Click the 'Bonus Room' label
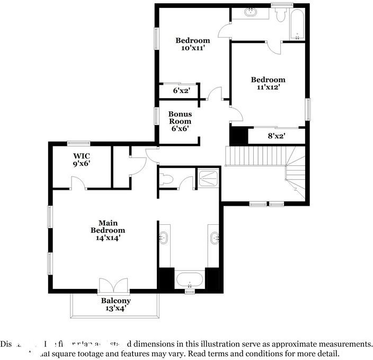[x=180, y=118]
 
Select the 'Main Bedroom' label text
[x=108, y=226]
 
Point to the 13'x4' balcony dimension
[x=116, y=308]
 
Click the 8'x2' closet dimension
[x=276, y=136]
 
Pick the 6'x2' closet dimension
[x=181, y=91]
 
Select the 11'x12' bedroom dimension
[x=268, y=87]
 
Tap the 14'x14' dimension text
[x=108, y=238]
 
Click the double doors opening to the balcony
[x=113, y=286]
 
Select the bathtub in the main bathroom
[x=189, y=279]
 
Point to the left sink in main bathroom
[x=164, y=239]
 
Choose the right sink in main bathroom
[x=214, y=239]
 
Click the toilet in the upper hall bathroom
[x=280, y=15]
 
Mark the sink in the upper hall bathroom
[x=250, y=12]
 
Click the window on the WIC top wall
[x=78, y=142]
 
